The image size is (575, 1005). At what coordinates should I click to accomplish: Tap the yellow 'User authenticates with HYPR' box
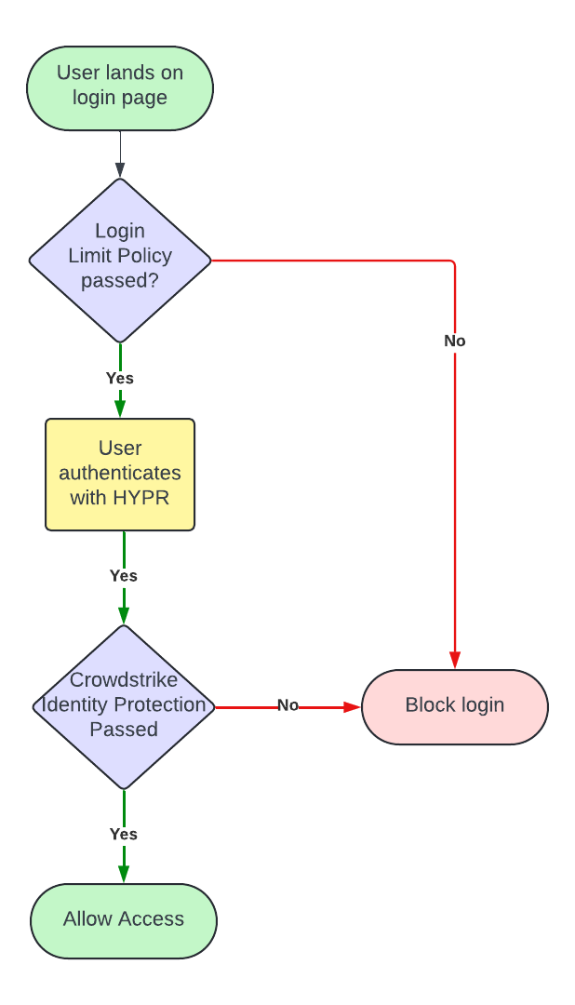[120, 475]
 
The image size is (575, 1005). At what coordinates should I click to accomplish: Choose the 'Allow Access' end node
[124, 920]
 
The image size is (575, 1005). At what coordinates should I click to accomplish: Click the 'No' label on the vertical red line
[455, 342]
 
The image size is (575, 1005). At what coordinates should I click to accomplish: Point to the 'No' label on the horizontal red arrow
[288, 705]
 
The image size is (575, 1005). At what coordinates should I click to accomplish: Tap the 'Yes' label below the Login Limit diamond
[120, 379]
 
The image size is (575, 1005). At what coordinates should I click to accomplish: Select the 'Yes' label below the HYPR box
[124, 576]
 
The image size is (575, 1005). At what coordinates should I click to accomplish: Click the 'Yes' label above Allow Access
[124, 835]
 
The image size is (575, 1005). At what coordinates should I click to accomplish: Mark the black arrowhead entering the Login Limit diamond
[120, 170]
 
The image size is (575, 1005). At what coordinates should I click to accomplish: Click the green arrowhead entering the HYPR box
[120, 409]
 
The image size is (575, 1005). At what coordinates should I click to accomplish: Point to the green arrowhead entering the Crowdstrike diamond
[124, 615]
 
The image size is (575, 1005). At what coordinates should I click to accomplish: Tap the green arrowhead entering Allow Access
[124, 875]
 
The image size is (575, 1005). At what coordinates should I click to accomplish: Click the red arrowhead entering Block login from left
[352, 707]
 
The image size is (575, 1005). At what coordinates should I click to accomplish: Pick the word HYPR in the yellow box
[141, 498]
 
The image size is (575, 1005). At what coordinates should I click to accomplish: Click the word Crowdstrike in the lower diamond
[124, 680]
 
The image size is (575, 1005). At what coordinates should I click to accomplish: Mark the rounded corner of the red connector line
[452, 263]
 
